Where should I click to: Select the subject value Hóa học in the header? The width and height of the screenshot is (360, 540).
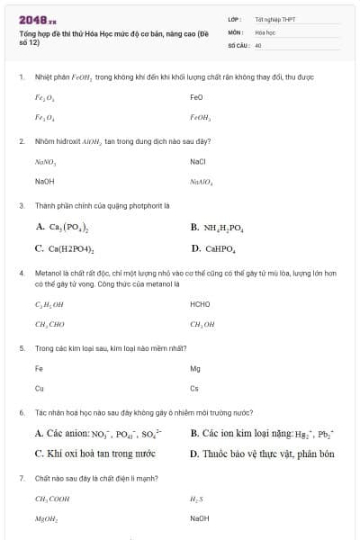coord(265,31)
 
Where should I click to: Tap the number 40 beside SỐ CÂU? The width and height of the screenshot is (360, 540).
coord(258,43)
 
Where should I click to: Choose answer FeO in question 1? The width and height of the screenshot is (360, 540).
coord(197,96)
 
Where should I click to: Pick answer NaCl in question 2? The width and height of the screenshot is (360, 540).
coord(199,161)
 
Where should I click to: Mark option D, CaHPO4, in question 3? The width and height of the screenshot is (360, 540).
coord(213,248)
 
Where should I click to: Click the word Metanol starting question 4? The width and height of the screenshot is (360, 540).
coord(46,272)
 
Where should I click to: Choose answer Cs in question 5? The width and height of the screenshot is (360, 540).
coord(194,389)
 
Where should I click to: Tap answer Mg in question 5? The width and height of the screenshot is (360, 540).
coord(195,368)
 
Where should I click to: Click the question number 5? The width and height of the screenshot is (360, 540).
coord(21,347)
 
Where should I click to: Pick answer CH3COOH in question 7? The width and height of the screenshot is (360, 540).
coord(51,499)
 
